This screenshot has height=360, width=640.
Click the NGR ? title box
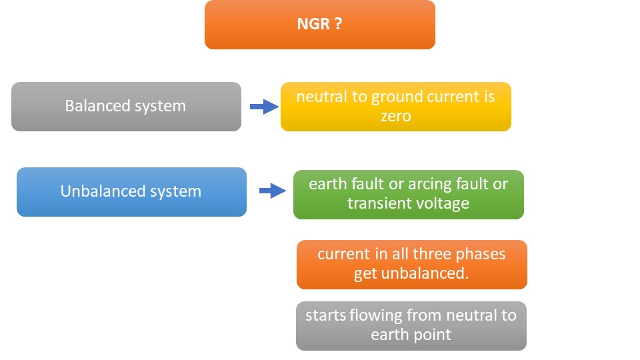[320, 25]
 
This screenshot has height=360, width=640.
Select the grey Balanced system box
[126, 107]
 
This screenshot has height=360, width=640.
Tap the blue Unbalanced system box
[131, 192]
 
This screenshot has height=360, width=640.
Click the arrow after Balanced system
[263, 107]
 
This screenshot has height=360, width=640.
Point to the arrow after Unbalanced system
[272, 192]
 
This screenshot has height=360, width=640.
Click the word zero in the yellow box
[395, 116]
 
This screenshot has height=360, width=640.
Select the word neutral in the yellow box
[322, 97]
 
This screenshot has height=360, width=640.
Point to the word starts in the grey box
[325, 315]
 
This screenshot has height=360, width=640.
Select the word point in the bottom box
[435, 335]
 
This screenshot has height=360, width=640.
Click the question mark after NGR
[339, 25]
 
